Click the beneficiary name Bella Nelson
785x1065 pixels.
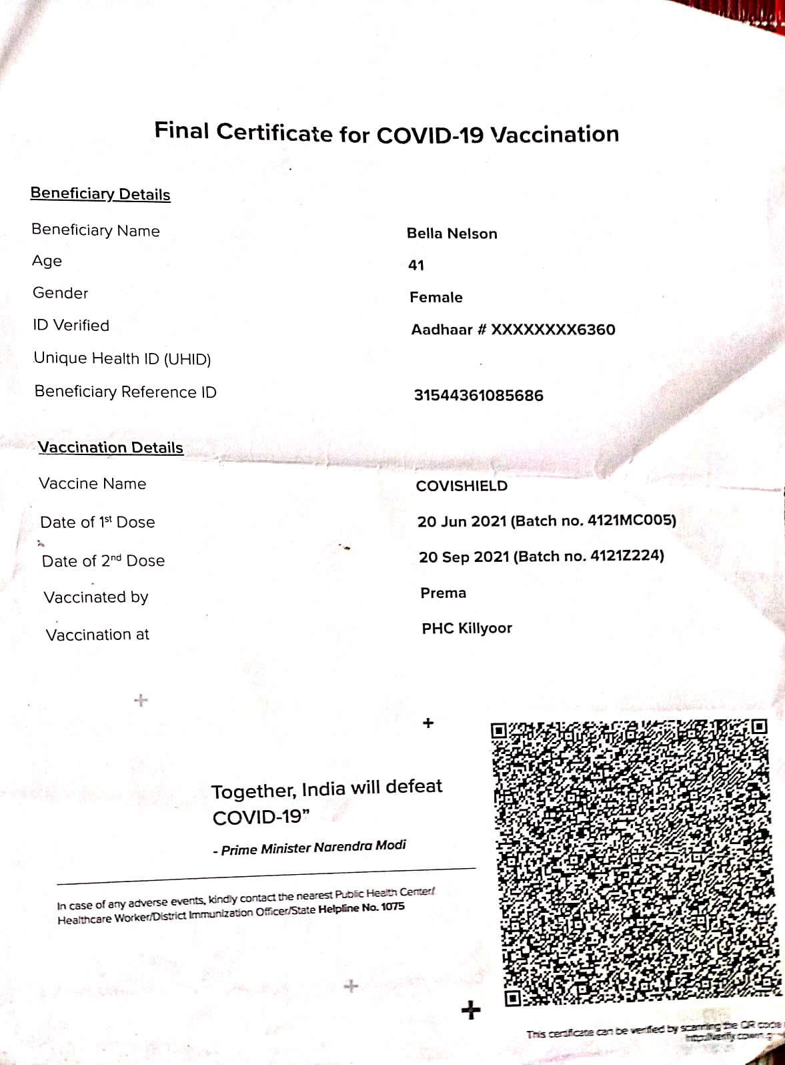click(x=452, y=234)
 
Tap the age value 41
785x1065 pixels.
click(x=416, y=266)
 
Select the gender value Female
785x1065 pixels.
click(x=436, y=298)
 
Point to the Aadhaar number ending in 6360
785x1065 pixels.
click(x=513, y=330)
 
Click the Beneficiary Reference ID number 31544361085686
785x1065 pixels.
click(x=478, y=396)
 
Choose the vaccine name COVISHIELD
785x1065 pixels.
click(x=462, y=486)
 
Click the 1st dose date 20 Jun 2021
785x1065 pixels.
click(x=462, y=521)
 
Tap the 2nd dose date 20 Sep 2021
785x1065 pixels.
click(x=464, y=557)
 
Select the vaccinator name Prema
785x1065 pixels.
click(x=443, y=593)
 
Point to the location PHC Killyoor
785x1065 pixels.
click(x=467, y=629)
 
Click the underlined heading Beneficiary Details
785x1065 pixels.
click(x=100, y=194)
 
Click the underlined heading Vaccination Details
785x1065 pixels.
click(x=110, y=448)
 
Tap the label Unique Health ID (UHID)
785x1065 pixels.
click(x=122, y=359)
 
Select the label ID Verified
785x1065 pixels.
click(x=71, y=326)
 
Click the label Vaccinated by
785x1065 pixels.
click(x=96, y=597)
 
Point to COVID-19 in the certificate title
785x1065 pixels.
click(x=430, y=135)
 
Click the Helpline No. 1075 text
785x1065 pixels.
click(x=361, y=909)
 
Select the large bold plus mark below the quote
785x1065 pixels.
click(x=471, y=1010)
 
